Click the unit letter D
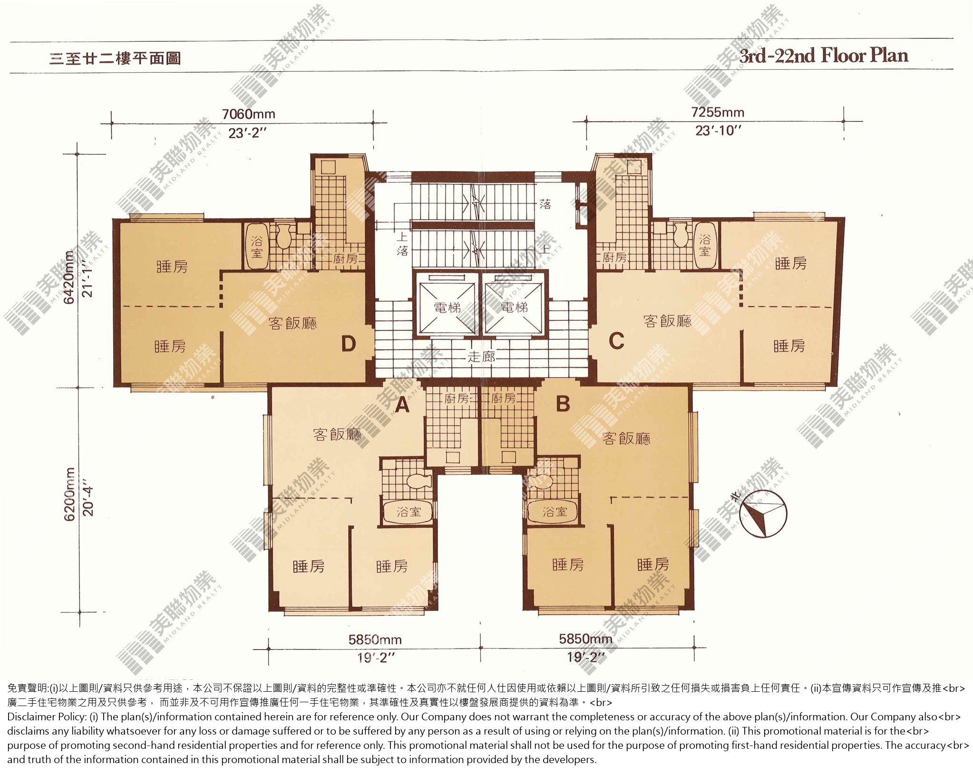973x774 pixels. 349,344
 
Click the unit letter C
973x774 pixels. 616,341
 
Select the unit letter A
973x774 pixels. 402,405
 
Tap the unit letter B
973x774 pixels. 563,404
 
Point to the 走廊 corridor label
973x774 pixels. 481,356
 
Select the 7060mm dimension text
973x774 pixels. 248,114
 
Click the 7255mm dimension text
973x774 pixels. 718,112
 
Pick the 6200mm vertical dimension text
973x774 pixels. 69,494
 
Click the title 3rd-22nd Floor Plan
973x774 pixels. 823,56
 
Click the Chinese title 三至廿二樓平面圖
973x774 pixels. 116,58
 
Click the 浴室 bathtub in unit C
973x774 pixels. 704,245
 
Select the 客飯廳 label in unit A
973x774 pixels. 337,434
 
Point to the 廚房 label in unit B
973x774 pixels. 503,398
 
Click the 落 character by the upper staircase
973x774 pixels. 545,204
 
